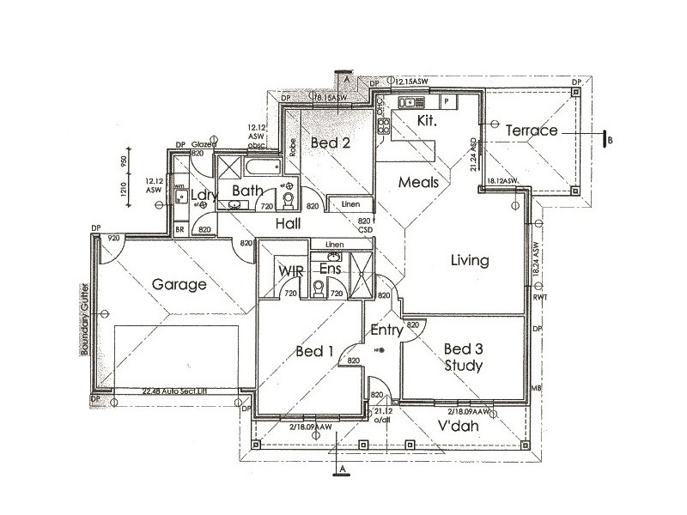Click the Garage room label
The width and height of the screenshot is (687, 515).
click(x=179, y=285)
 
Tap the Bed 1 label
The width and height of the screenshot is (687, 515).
click(x=314, y=352)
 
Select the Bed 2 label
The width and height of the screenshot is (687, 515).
click(x=330, y=142)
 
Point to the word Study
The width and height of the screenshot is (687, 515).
click(x=464, y=366)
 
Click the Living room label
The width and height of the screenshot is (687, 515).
click(x=469, y=260)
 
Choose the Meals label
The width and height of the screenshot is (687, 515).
click(x=418, y=182)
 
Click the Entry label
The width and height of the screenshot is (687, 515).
click(x=387, y=330)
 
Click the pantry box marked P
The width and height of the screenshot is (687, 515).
click(x=447, y=101)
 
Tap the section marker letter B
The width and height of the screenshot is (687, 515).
click(x=609, y=140)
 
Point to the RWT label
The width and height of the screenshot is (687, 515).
click(x=539, y=299)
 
